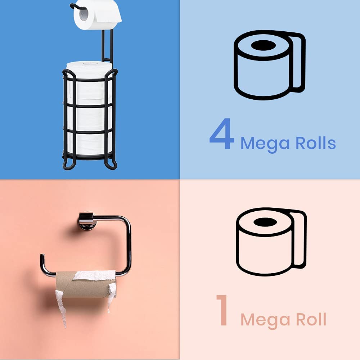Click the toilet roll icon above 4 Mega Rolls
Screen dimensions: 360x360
[269, 65]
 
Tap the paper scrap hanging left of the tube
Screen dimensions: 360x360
[60, 306]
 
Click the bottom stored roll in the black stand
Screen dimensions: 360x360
[90, 144]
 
